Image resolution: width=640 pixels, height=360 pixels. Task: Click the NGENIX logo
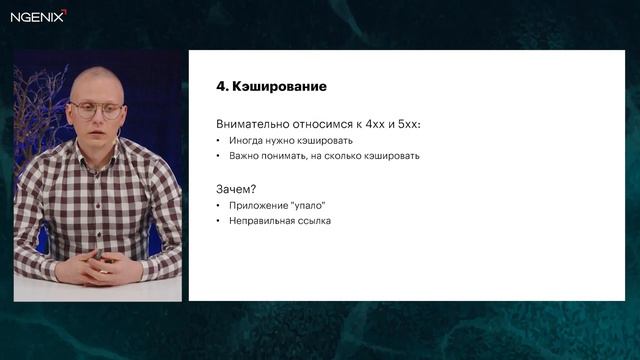tap(39, 15)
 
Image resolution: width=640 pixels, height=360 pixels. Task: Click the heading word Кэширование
tap(280, 87)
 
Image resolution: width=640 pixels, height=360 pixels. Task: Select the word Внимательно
tap(249, 124)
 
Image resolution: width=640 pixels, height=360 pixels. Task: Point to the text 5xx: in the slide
tap(407, 124)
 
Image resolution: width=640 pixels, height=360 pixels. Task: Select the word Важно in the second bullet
tap(244, 156)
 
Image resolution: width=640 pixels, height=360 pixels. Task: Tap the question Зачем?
tap(236, 188)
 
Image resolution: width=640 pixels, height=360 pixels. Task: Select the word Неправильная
tap(263, 221)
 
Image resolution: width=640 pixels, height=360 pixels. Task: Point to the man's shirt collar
tap(100, 155)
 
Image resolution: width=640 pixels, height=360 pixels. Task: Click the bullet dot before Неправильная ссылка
tap(219, 221)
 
